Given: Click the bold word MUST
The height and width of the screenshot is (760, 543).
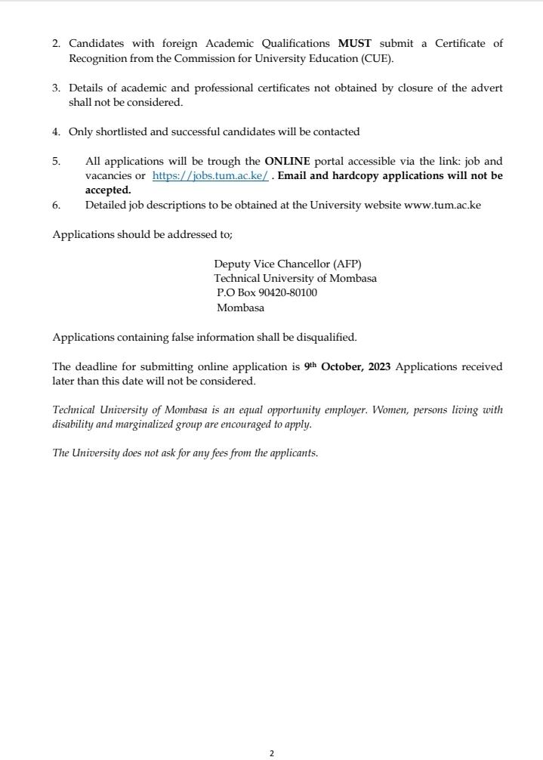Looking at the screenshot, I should click(x=355, y=44).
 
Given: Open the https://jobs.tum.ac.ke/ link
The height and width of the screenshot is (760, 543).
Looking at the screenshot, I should click(x=210, y=176).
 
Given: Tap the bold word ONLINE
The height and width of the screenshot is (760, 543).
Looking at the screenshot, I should click(x=287, y=161).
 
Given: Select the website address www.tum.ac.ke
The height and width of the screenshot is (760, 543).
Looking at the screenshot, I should click(x=443, y=205).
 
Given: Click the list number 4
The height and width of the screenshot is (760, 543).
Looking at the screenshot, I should click(x=56, y=131).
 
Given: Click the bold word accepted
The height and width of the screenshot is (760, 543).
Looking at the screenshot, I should click(x=107, y=190).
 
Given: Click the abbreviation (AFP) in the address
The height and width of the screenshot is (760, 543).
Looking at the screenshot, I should click(x=347, y=264).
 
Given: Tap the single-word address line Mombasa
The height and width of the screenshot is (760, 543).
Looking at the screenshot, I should click(x=240, y=307).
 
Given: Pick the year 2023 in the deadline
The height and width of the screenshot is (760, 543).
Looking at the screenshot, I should click(x=380, y=367).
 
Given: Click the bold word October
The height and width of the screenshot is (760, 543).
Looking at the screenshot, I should click(x=343, y=367).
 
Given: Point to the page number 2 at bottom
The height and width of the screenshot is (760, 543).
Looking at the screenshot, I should click(x=272, y=753).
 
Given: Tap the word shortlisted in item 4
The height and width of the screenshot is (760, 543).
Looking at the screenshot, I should click(x=122, y=131).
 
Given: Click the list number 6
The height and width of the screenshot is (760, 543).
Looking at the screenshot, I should click(x=56, y=205).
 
